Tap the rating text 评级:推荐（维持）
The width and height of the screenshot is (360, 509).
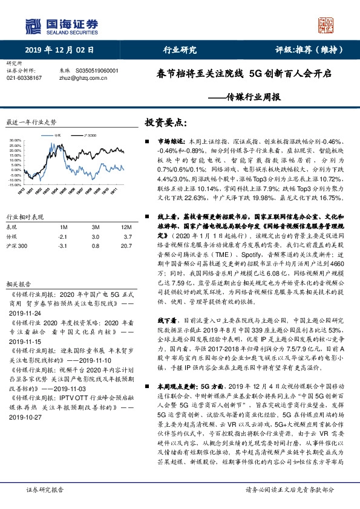click(x=306, y=50)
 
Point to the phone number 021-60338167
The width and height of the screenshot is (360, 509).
click(x=23, y=78)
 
